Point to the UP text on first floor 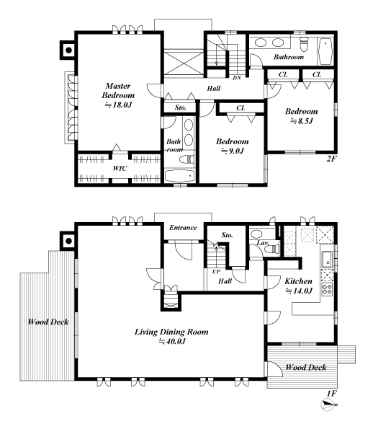pos(216,271)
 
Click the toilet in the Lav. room pos(257,234)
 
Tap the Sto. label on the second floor pos(181,108)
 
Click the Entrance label pos(183,228)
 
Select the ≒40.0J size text pos(172,343)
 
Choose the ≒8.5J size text pos(301,123)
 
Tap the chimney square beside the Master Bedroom pos(68,50)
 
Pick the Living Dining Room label pos(172,332)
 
